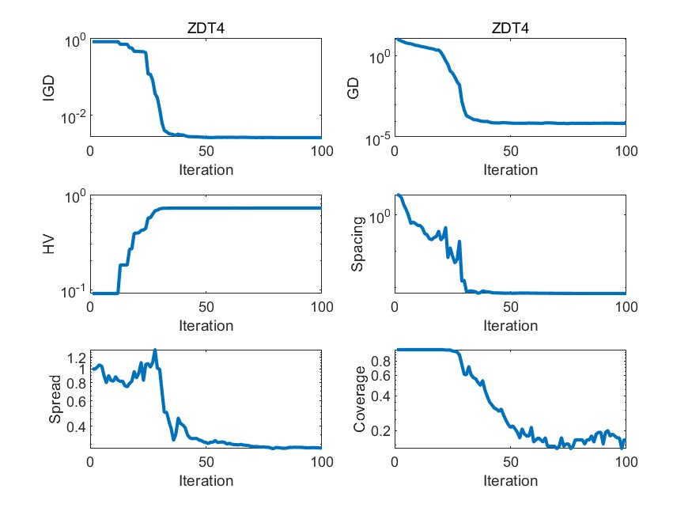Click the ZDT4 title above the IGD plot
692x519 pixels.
(206, 28)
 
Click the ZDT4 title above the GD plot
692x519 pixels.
(510, 28)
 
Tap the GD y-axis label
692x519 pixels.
(354, 89)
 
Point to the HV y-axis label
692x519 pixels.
(50, 244)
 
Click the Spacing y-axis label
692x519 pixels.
(358, 244)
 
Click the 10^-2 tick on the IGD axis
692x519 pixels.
(73, 116)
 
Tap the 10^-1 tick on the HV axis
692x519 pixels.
(73, 292)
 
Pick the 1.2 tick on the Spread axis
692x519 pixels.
(76, 356)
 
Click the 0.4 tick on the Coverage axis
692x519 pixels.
(380, 396)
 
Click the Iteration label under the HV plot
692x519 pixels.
(206, 325)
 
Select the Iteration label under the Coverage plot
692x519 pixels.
(510, 480)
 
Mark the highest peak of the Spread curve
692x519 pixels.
(155, 350)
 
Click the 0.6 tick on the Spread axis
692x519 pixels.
(76, 401)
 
